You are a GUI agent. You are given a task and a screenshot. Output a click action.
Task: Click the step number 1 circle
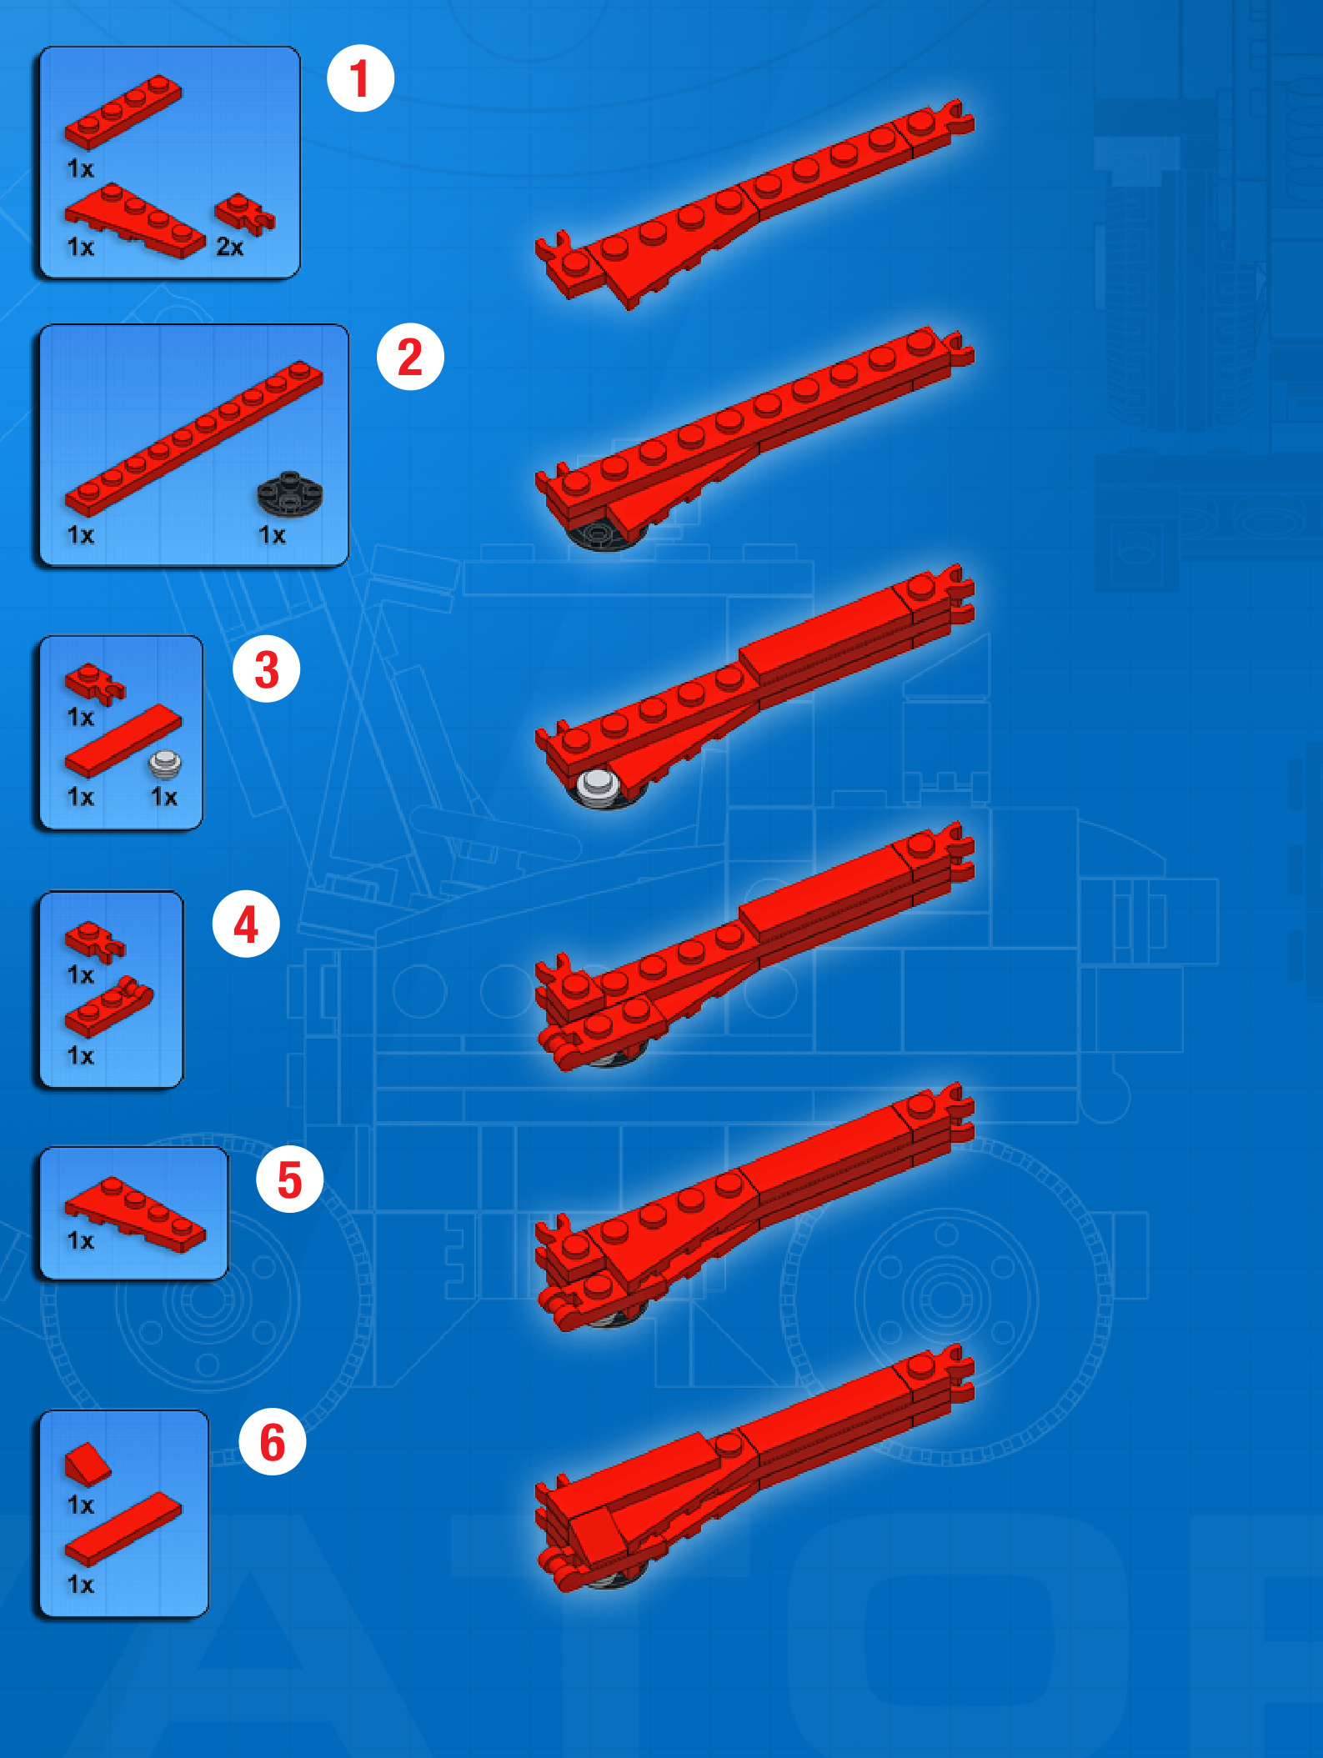(x=360, y=78)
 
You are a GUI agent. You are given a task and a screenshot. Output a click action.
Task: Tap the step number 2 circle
(x=410, y=357)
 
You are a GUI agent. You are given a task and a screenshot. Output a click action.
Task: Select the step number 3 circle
(x=267, y=669)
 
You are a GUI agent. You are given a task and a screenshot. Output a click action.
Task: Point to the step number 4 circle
(x=246, y=924)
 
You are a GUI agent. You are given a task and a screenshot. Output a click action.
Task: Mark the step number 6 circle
(x=273, y=1441)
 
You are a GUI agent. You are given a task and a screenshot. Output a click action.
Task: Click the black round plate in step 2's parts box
(x=289, y=494)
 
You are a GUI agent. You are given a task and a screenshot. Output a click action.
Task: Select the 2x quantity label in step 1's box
(x=230, y=247)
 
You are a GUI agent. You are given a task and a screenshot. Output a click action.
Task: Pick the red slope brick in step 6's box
(x=88, y=1465)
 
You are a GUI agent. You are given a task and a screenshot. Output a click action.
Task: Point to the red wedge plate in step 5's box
(x=135, y=1214)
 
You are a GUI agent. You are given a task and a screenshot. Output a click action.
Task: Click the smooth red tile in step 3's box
(x=123, y=741)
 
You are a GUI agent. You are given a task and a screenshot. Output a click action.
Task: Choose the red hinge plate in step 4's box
(x=109, y=1007)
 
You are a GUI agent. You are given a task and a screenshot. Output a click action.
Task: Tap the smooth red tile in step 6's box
(x=123, y=1530)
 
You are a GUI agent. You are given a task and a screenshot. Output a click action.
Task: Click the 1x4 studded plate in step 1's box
(x=123, y=113)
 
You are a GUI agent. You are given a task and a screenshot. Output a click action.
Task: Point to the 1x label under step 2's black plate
(x=272, y=534)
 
